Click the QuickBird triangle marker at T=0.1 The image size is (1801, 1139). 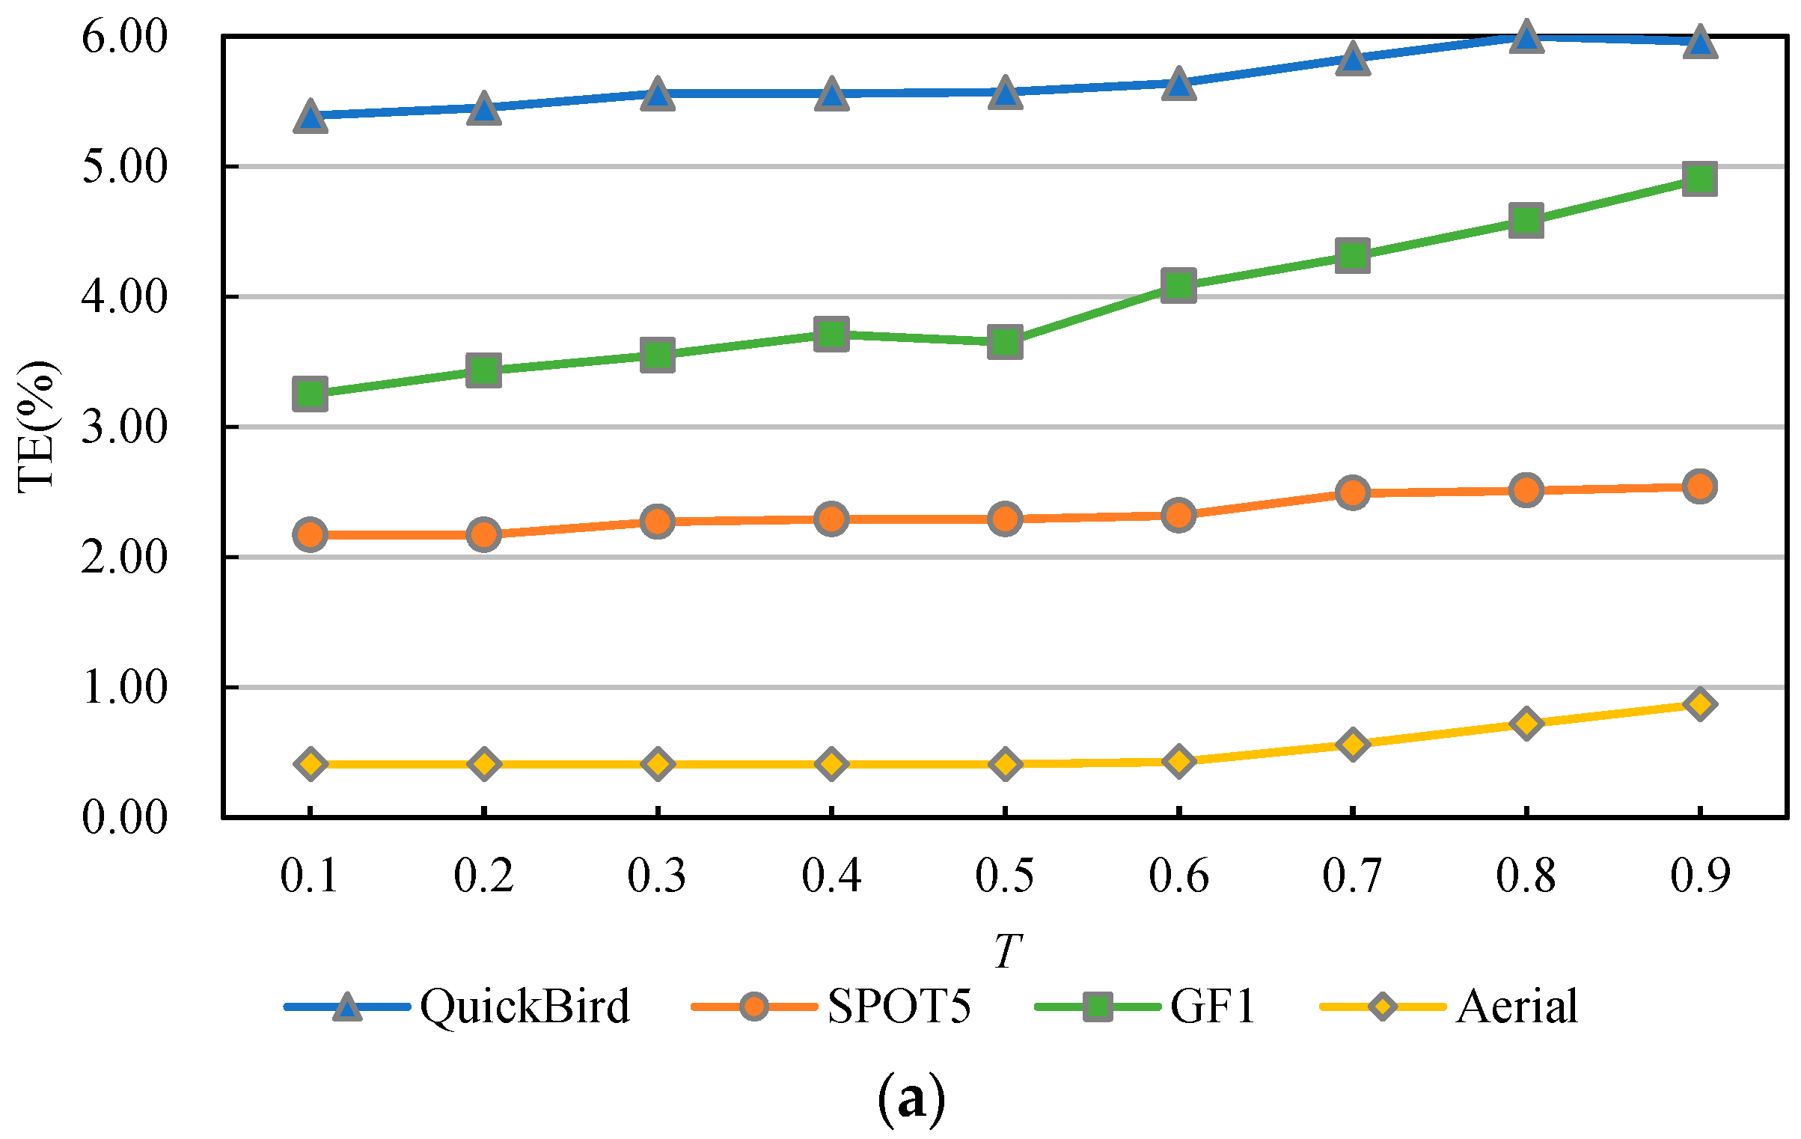point(311,117)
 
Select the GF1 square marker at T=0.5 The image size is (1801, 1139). point(1005,342)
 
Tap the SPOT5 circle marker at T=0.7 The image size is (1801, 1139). point(1352,492)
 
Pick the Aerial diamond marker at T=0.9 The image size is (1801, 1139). point(1699,704)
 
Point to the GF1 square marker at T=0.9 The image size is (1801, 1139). point(1699,179)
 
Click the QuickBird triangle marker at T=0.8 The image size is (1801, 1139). point(1526,37)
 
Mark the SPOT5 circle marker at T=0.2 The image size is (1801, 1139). point(483,534)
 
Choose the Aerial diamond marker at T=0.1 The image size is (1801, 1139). point(311,764)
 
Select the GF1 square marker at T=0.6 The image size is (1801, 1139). point(1178,285)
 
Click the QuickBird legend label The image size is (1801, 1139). point(525,1007)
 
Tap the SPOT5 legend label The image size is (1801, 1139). point(899,1007)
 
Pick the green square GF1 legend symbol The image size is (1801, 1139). point(1098,1007)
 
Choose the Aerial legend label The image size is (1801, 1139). point(1517,1007)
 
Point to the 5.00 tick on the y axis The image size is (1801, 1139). point(124,166)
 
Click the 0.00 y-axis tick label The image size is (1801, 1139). point(124,816)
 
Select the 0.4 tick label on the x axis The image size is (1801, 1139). point(831,875)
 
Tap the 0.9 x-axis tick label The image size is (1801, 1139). point(1700,875)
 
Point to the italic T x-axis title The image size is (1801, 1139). point(1007,951)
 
